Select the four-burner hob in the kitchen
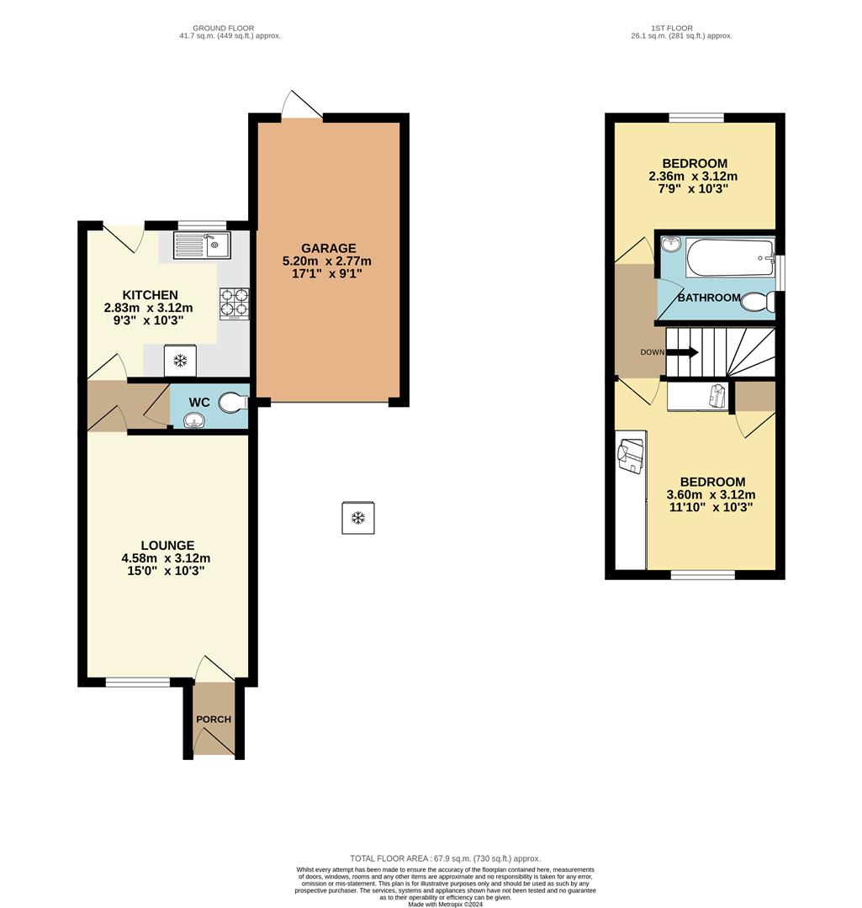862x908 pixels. (235, 304)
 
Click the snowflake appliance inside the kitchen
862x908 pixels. (180, 361)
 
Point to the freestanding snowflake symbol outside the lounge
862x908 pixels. (357, 517)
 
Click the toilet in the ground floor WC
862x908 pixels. (233, 404)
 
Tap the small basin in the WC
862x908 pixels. (193, 422)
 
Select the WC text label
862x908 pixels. (199, 403)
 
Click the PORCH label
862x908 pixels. (214, 720)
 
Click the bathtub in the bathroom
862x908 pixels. (729, 258)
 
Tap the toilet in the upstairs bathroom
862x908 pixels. (757, 301)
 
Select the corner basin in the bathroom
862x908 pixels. (669, 245)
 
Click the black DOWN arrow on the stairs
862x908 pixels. (682, 352)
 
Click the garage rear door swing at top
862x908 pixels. (299, 106)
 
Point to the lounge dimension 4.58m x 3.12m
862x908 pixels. (166, 558)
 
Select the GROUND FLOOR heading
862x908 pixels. (223, 29)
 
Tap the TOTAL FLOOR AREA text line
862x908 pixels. (445, 858)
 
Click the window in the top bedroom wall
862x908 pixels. (696, 118)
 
